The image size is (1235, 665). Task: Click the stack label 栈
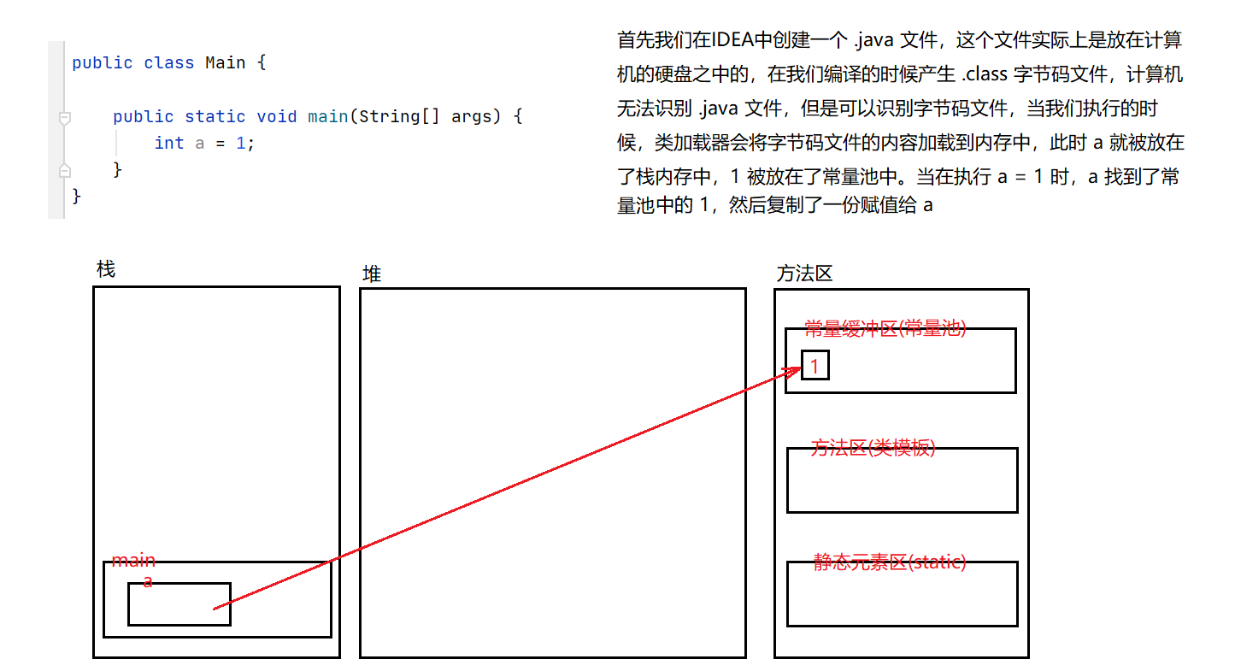click(105, 270)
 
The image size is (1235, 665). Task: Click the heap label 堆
click(372, 274)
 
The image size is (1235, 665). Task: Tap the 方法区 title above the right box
click(803, 274)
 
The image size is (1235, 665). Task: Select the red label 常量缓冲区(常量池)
click(885, 328)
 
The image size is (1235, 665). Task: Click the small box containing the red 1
click(815, 366)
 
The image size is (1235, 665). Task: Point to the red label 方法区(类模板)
click(873, 448)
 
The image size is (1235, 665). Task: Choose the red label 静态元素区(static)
click(890, 562)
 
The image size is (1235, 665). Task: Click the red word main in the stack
click(133, 561)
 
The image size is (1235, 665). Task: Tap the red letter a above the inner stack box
click(148, 582)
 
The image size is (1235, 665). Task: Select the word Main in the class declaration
click(226, 63)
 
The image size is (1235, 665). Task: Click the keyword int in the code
click(169, 143)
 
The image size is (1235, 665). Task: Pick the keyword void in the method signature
click(277, 116)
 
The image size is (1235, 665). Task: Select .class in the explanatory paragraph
click(985, 74)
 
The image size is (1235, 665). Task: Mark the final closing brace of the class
click(77, 197)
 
